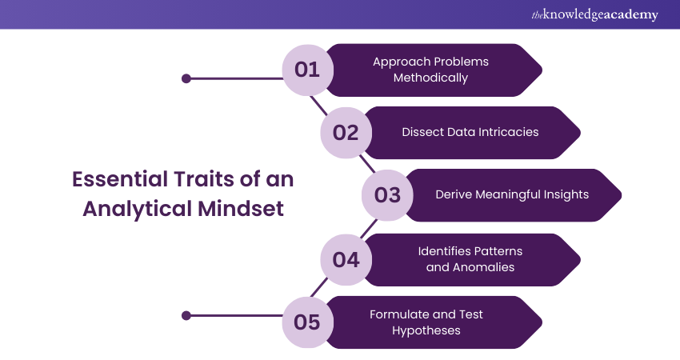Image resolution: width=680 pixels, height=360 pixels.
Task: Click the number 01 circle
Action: coord(307,70)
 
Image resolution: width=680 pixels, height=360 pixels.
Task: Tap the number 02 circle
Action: coord(345,132)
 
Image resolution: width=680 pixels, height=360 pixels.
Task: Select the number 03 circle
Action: coord(387,194)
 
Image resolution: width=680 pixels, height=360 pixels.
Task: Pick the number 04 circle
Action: coord(345,259)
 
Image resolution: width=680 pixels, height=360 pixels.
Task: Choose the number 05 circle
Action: coord(307,322)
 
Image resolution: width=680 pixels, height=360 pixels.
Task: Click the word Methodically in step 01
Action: coord(430,78)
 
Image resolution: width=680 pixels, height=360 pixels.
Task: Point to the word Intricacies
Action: coord(506,132)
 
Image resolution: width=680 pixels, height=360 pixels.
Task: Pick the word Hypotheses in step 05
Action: coord(426,330)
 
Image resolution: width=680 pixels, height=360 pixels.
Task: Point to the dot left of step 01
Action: coord(186,78)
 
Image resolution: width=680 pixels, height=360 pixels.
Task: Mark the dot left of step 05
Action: coord(186,315)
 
